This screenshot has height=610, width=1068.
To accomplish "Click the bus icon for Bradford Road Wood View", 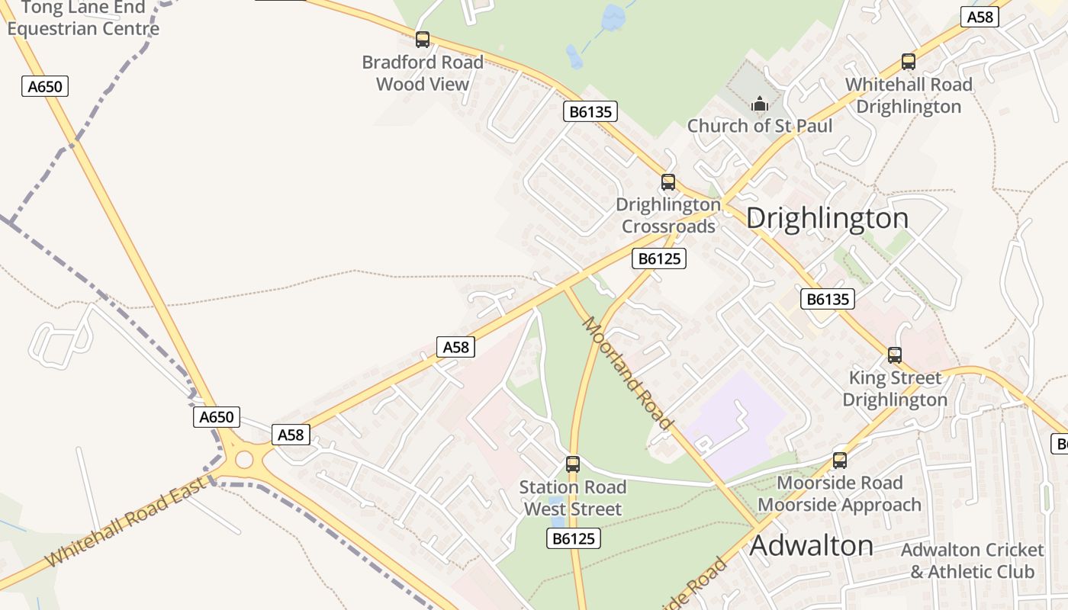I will [423, 40].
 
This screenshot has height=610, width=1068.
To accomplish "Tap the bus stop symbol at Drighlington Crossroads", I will [668, 182].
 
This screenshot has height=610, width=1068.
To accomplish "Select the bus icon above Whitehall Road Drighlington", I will [908, 62].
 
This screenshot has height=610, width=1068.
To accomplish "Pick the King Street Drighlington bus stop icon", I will [895, 355].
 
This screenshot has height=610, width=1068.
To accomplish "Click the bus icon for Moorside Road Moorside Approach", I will [840, 461].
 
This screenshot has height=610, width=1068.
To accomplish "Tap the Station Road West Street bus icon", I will [572, 464].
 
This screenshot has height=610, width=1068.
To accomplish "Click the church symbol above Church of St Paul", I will [760, 104].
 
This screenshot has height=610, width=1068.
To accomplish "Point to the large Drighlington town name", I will [828, 218].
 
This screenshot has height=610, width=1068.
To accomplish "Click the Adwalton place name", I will [812, 546].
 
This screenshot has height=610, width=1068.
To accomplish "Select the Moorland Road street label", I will [628, 374].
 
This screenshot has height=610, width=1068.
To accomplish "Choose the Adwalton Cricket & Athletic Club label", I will [973, 560].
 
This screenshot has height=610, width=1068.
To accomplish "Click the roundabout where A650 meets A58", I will [244, 459].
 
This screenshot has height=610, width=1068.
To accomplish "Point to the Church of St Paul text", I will [760, 126].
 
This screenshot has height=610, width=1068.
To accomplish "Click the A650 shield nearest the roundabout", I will [217, 417].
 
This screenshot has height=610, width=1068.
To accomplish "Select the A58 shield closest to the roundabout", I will [291, 435].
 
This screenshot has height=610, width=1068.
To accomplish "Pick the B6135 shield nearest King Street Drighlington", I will [828, 299].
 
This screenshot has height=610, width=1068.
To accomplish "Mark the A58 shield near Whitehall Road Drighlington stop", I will [979, 17].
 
